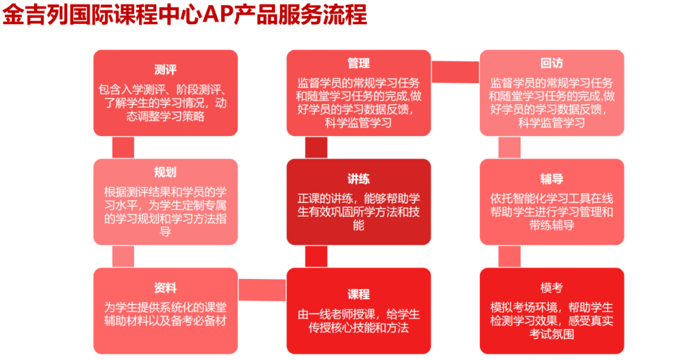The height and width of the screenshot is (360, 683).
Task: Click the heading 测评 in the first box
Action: tap(165, 70)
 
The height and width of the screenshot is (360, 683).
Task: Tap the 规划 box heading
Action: tap(165, 172)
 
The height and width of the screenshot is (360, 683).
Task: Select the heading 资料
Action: tap(165, 288)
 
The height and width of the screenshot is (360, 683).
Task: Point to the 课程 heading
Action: tap(359, 294)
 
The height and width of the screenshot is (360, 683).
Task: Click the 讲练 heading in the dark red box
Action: tap(359, 178)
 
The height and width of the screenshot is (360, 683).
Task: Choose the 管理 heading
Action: tap(359, 63)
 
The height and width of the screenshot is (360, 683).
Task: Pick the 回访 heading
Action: tap(551, 63)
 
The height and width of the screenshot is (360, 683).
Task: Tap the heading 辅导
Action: tap(551, 178)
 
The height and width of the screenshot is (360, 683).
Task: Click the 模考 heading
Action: tap(551, 288)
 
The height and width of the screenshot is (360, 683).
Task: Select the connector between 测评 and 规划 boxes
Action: tap(123, 147)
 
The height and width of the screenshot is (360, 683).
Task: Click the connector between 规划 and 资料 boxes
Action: tap(123, 256)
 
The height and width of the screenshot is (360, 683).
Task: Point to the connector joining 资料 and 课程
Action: tap(262, 290)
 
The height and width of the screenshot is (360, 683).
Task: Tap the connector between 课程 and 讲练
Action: tap(316, 256)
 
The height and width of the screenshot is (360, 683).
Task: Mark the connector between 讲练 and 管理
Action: tap(316, 147)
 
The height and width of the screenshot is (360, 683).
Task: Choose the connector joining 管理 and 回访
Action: tap(455, 72)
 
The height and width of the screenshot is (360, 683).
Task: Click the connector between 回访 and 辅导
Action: tap(510, 147)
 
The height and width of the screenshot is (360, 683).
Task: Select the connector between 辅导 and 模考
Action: tap(510, 256)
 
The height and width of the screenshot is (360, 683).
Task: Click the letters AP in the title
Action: tap(218, 15)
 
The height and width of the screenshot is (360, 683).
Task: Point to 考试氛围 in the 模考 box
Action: tap(551, 334)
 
